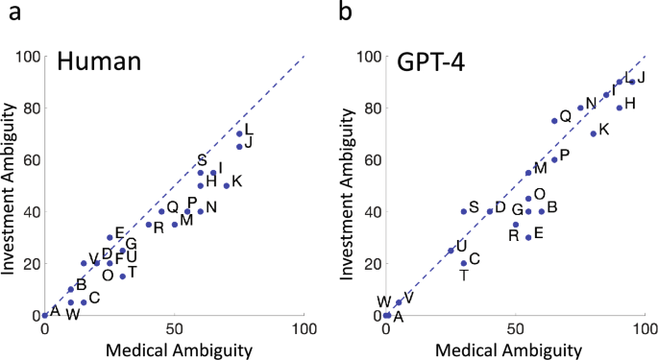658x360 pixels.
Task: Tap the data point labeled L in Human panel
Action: tap(239, 133)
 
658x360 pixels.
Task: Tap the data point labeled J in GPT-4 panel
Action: tap(632, 82)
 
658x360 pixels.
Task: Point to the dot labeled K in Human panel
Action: tap(227, 185)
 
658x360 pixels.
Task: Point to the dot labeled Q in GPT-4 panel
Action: tap(554, 121)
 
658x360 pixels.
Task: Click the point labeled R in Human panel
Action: tap(149, 225)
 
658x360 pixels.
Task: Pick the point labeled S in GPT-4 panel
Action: tap(464, 211)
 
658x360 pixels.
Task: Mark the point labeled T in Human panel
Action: tap(123, 276)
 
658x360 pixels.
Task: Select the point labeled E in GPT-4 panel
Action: tap(528, 237)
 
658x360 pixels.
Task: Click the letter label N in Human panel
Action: tap(211, 207)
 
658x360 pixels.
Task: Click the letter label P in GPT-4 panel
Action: tap(565, 155)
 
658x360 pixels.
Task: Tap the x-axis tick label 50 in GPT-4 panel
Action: tap(515, 331)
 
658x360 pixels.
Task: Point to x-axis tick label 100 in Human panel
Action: tap(305, 331)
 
